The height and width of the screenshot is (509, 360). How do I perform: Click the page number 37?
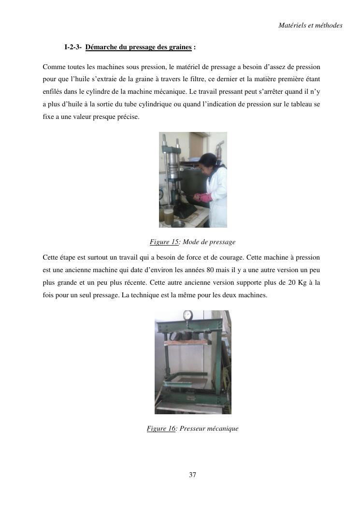coord(192,475)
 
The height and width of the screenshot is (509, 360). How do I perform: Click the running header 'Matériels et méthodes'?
coord(310,25)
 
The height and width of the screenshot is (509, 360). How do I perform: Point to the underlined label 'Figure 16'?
coord(161,428)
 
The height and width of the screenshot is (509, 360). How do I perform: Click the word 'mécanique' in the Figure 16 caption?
coord(224,428)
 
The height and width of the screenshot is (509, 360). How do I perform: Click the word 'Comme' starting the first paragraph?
coord(52,66)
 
